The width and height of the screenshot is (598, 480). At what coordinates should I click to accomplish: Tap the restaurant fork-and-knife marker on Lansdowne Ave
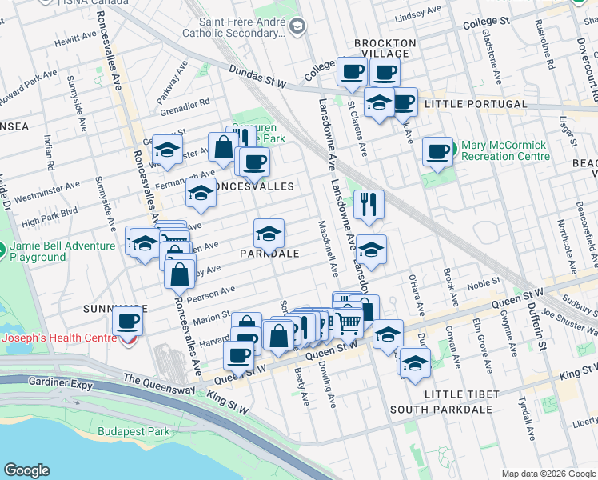coord(368,203)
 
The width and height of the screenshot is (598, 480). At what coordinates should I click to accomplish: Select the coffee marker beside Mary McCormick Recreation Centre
coord(437,151)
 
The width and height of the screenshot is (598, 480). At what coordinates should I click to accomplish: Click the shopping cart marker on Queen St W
coord(349,322)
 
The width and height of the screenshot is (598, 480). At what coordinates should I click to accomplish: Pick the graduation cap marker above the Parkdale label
coord(269,234)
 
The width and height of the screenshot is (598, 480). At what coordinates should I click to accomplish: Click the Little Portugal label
coord(476,104)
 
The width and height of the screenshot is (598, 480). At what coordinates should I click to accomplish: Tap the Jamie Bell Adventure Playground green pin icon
coord(4,251)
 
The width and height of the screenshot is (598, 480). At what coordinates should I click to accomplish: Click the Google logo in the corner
coord(27,470)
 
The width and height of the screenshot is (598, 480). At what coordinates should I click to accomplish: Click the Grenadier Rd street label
coord(184,102)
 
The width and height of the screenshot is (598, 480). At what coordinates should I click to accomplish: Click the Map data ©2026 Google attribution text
coord(548,474)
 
